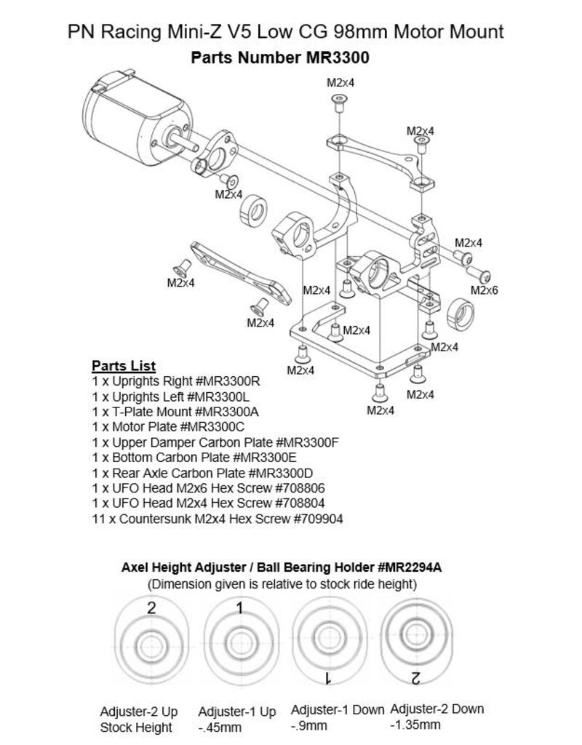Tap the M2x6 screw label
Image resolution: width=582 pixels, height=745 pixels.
click(484, 290)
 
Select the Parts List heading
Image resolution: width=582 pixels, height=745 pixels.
click(123, 365)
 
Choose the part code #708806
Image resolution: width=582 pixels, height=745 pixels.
click(308, 488)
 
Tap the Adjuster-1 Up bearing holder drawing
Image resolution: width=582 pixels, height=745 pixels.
click(239, 641)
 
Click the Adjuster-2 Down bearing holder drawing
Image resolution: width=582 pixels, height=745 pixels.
click(415, 641)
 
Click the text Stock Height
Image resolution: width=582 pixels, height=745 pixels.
click(135, 727)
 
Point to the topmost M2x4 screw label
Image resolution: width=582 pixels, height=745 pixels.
click(340, 84)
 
